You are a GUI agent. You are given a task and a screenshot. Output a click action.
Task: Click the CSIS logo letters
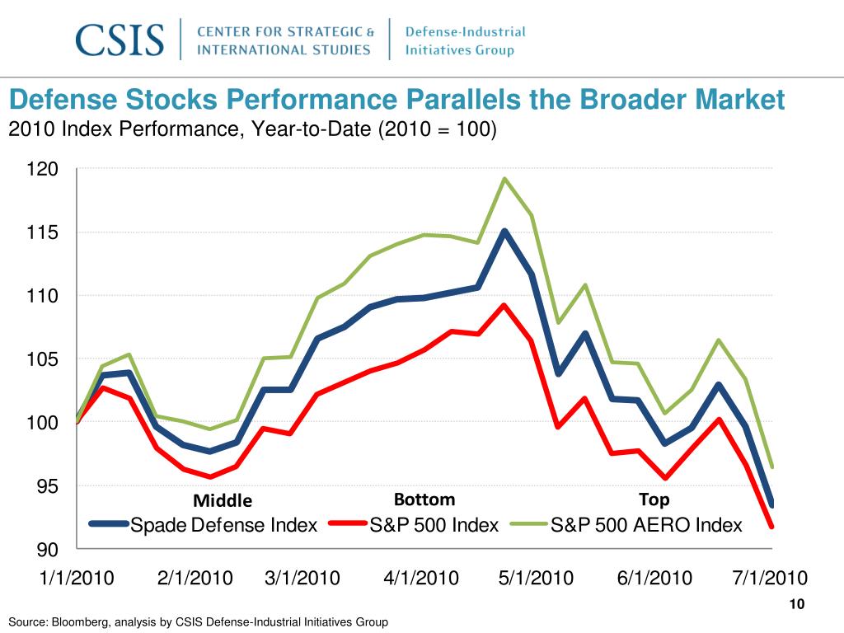tap(120, 40)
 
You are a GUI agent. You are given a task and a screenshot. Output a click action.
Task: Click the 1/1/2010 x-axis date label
tap(77, 578)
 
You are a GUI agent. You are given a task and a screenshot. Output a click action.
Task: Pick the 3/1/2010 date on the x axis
tap(302, 578)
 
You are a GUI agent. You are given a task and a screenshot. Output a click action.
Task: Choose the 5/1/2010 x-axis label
tap(536, 578)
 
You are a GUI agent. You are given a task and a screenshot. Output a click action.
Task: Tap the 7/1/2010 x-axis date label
tap(770, 578)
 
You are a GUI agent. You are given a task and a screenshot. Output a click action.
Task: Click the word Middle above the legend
tap(223, 501)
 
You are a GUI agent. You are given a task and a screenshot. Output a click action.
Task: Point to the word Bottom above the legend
tap(424, 499)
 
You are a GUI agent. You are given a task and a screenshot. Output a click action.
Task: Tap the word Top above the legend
tap(654, 499)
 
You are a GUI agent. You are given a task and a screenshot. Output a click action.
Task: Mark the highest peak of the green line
tap(504, 179)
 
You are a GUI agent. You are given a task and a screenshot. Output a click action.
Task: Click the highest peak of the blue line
tap(504, 231)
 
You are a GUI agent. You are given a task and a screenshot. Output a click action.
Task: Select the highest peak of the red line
tap(504, 305)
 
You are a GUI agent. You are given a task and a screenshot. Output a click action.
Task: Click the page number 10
tap(796, 606)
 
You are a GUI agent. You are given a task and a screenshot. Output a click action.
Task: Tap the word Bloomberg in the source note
tap(77, 621)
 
